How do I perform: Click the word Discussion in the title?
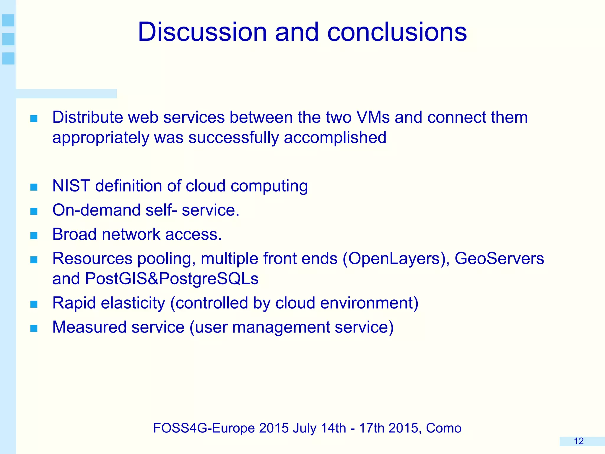202,32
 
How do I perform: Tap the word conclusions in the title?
397,32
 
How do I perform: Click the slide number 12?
578,441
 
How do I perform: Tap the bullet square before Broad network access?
34,235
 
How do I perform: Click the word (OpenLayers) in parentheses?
396,259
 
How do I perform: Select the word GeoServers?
499,259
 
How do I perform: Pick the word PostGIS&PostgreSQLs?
172,279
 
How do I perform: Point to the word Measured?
89,327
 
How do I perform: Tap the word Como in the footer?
443,428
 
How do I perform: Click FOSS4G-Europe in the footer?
204,428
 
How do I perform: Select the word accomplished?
335,138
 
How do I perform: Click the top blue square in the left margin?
8,20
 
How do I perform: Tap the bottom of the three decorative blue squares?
8,58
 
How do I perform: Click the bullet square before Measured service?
34,328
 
